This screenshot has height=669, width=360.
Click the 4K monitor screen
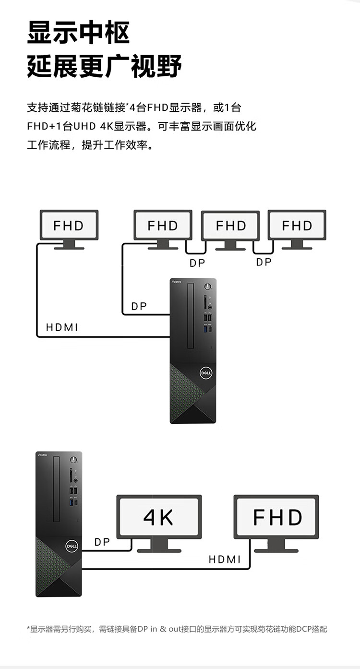[158, 517]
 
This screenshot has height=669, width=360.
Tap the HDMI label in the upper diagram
[62, 328]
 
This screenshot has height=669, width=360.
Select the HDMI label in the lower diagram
[225, 559]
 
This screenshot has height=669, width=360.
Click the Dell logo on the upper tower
[206, 372]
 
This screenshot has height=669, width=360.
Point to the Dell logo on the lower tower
[72, 546]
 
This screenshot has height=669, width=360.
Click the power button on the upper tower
[207, 287]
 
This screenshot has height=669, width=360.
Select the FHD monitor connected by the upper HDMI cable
[69, 226]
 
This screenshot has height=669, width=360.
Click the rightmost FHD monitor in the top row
[297, 226]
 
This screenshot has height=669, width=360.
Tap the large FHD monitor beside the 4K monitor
[277, 517]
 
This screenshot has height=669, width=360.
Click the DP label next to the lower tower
[102, 542]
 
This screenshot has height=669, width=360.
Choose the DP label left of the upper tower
[139, 306]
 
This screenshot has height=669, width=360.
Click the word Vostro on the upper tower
[177, 282]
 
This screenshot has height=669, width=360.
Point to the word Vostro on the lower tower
[42, 454]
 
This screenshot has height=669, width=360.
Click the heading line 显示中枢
[79, 33]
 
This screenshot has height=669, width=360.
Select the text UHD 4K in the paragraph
[92, 126]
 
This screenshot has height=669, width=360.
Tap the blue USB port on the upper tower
[207, 330]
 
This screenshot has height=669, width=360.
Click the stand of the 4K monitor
[159, 546]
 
